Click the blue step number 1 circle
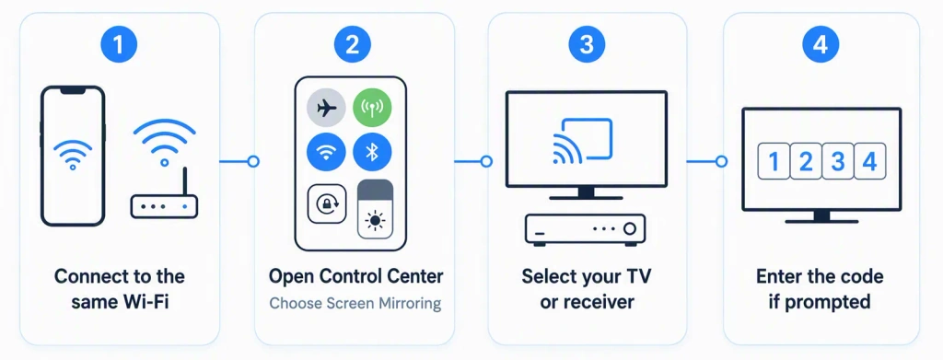[119, 45]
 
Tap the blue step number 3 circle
[587, 45]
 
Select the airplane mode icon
[326, 108]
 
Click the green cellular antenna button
[372, 108]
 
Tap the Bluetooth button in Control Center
[372, 152]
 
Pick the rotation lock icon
[327, 203]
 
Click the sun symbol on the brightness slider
[376, 222]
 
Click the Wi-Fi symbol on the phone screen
[73, 155]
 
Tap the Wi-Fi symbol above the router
[164, 142]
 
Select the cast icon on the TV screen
[582, 142]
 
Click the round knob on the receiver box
[630, 229]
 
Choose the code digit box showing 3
[838, 161]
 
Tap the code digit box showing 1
[774, 161]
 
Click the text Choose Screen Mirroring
[355, 304]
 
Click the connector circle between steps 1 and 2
[253, 162]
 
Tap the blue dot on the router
[184, 207]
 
